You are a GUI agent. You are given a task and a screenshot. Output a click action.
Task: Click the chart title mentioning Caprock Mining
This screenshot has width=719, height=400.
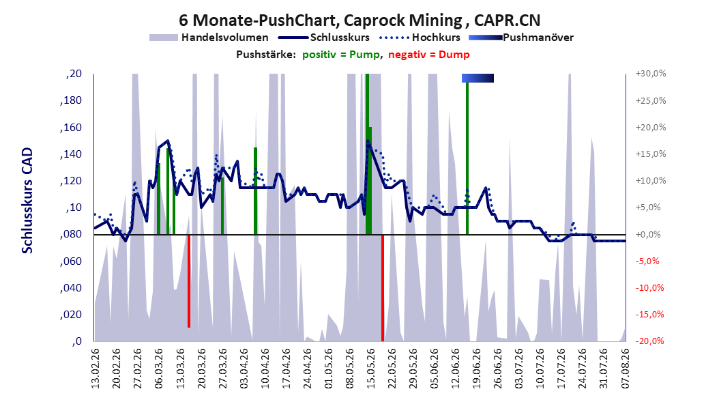coord(359,20)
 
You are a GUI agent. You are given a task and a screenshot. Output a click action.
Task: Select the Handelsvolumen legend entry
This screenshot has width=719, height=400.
coord(209,38)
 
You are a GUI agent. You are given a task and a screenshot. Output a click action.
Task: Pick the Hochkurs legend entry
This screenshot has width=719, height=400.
coord(420,38)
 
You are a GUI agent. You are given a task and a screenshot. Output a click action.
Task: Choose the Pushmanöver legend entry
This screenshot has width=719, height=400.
coord(521,38)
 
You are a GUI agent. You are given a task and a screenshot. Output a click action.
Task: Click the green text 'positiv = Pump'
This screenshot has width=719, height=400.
coord(341,55)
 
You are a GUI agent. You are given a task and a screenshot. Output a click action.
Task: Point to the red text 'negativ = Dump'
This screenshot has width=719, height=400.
coord(429,55)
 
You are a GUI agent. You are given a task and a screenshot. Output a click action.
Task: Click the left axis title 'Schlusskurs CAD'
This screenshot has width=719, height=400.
coord(27,201)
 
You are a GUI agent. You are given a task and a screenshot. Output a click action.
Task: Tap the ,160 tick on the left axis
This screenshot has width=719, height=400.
coord(71,127)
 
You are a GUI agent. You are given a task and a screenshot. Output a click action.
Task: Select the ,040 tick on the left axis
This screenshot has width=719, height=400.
coord(71,287)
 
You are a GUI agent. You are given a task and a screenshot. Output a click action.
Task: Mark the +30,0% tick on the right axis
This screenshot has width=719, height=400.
coord(651,74)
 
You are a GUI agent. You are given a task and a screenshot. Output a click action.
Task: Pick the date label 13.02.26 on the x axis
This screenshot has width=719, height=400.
coord(96,369)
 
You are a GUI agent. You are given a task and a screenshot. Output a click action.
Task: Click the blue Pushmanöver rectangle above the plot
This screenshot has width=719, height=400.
coord(478,78)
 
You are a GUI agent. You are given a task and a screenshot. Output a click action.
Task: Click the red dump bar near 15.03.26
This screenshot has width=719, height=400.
coord(189,281)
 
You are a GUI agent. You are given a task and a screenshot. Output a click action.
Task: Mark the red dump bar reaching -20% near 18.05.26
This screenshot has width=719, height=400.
coord(383,287)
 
